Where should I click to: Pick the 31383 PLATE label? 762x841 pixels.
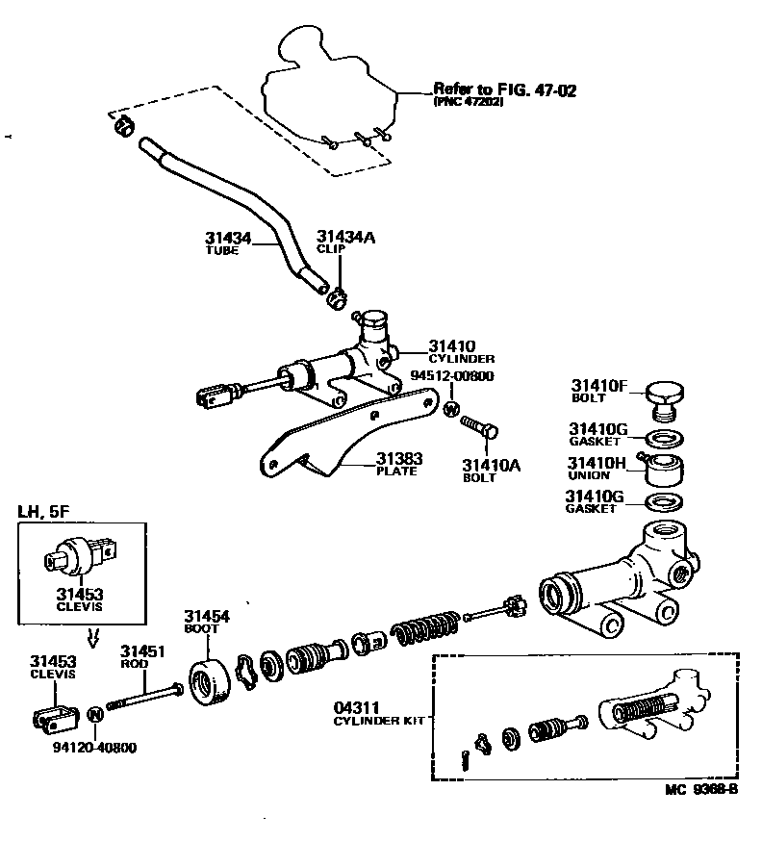pos(398,465)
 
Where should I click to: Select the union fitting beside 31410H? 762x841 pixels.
pos(663,470)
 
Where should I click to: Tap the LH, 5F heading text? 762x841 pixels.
pos(45,512)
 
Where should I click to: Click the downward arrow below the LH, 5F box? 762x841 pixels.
pos(93,636)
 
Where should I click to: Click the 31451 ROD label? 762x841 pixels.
pos(142,657)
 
